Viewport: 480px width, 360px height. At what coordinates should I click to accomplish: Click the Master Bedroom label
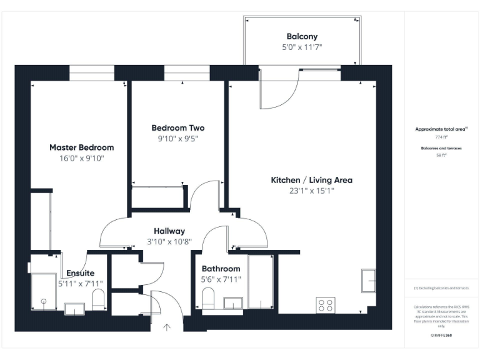(x=81, y=147)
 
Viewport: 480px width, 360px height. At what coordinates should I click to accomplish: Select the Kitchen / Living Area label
(x=311, y=180)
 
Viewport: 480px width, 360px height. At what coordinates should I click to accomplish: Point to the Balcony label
(x=302, y=36)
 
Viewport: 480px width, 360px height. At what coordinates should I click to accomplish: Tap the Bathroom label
(x=221, y=269)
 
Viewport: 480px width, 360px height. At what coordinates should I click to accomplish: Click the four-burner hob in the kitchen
(x=326, y=306)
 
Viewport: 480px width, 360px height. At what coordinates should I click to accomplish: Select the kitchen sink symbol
(x=368, y=279)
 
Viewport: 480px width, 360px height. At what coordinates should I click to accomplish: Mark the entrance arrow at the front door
(x=167, y=326)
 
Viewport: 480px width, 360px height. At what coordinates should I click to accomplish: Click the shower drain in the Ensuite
(x=44, y=302)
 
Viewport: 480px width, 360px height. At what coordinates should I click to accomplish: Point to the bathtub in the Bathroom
(x=260, y=281)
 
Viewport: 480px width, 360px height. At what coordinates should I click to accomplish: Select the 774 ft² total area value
(x=441, y=136)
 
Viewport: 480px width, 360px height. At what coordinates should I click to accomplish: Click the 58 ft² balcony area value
(x=441, y=156)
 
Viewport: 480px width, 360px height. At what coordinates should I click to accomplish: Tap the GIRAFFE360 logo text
(x=441, y=336)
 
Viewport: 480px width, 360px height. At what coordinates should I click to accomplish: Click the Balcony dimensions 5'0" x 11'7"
(x=302, y=47)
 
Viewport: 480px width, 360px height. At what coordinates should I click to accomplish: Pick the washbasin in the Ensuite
(x=74, y=308)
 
